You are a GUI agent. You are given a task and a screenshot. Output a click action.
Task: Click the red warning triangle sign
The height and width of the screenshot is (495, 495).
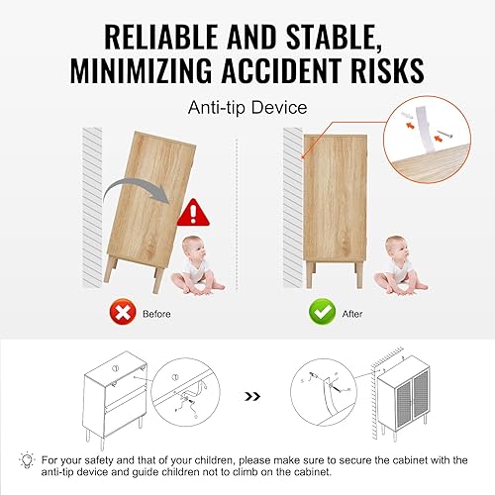[193, 213]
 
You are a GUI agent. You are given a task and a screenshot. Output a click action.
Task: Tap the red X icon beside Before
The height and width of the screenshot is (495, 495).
[123, 312]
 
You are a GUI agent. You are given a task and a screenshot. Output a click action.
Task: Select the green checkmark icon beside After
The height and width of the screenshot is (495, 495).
[322, 312]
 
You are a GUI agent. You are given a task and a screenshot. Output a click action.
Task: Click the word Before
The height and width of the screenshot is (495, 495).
[156, 314]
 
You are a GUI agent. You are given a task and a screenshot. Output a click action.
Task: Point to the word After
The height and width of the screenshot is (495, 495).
[352, 314]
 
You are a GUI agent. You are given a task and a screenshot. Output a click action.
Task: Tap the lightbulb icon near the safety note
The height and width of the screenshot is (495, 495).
[27, 460]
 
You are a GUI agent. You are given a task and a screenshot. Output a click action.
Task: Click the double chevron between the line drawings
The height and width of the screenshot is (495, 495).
[252, 396]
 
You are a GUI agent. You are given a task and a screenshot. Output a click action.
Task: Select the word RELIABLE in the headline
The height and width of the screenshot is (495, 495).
[161, 37]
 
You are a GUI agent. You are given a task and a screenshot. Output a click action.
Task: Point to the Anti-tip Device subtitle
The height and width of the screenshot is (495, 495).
[247, 108]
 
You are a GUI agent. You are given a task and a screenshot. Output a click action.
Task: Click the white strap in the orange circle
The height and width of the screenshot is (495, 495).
[425, 132]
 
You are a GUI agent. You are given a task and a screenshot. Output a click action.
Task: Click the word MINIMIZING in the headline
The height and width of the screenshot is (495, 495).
[141, 70]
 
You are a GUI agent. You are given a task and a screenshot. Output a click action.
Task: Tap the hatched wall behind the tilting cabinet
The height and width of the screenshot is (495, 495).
[92, 208]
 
